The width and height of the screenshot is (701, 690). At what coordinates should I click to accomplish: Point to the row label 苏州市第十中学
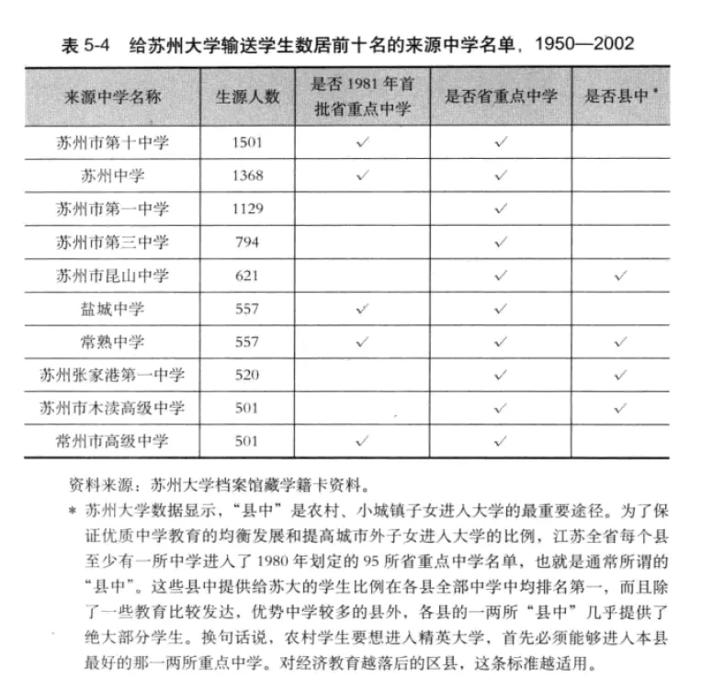(112, 142)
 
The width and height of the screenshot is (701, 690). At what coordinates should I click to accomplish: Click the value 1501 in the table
(247, 142)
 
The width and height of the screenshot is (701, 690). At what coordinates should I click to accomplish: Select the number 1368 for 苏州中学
(247, 175)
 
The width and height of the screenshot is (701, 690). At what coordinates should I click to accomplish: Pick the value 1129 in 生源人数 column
(247, 209)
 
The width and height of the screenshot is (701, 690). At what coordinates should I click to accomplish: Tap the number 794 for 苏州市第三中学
(247, 242)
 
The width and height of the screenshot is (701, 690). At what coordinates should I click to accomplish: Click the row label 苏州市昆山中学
(112, 275)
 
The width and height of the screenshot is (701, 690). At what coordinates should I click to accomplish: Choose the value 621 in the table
(247, 275)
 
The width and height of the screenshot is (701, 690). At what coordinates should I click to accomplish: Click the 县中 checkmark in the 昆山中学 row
(621, 275)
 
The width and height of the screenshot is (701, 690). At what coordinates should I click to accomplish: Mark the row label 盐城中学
(112, 309)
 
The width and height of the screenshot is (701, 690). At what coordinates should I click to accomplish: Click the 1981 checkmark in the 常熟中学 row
(360, 342)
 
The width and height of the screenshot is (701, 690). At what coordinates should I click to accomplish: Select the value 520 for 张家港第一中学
(247, 375)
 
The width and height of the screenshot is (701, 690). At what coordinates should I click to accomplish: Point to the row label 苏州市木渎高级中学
(112, 408)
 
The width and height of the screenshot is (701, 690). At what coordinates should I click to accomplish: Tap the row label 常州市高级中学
(112, 441)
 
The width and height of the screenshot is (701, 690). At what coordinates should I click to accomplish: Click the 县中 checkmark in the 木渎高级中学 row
(621, 408)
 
